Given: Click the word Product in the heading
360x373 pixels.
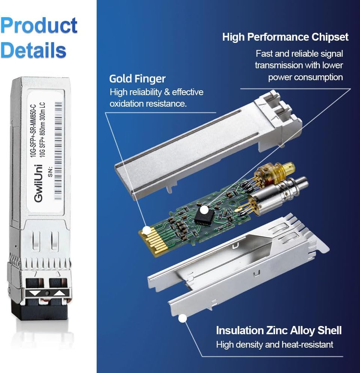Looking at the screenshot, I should point(39,26).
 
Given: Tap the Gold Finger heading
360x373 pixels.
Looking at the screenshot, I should point(137,79).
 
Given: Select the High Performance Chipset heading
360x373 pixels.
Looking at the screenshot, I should point(285,37).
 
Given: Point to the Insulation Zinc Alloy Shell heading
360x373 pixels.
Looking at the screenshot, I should point(279,330).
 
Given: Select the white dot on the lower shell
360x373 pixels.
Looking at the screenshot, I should point(182,319).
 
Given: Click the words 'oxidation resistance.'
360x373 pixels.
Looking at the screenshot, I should point(148,104).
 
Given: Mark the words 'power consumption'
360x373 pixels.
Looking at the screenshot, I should point(305,77).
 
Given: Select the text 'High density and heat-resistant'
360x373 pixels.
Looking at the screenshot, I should point(275,344).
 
